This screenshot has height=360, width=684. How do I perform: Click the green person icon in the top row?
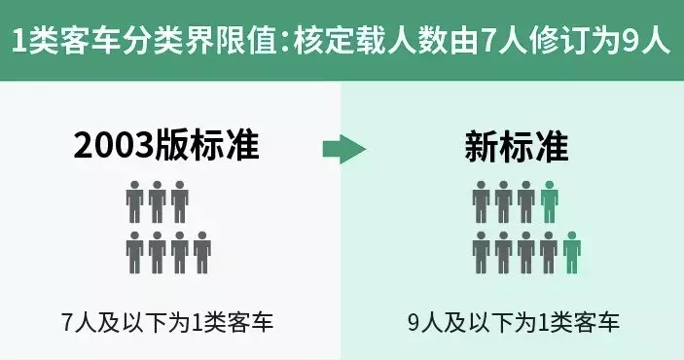tap(550, 200)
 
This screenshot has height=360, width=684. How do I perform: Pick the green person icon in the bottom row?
tap(572, 250)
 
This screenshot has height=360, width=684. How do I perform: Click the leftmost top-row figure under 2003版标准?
tap(135, 200)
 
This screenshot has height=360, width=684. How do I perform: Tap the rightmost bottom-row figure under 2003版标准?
tap(202, 250)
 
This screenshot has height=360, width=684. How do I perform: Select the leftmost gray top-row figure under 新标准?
tap(481, 200)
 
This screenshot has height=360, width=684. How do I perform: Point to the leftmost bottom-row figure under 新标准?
tap(481, 250)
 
